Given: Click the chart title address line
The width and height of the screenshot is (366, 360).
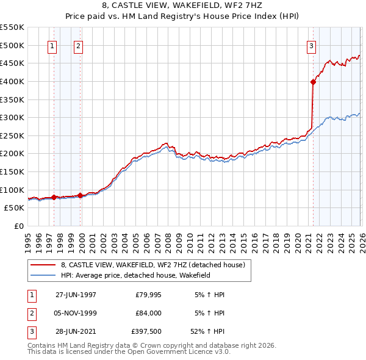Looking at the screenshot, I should click(183, 4).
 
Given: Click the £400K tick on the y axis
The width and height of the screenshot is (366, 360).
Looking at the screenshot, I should click(12, 81).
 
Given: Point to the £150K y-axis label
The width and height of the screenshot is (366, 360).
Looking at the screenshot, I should click(12, 171).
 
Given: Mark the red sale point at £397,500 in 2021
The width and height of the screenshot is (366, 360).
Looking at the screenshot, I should click(313, 82).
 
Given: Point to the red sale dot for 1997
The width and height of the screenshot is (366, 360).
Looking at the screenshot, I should click(54, 197).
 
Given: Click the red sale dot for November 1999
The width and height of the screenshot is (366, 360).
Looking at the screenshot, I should click(80, 195).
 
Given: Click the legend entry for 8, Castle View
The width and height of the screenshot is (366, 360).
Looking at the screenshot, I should click(152, 265).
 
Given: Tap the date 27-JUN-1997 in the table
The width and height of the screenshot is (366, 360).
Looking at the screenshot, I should click(76, 295).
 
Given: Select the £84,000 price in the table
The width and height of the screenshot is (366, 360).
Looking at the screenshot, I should click(148, 313).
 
